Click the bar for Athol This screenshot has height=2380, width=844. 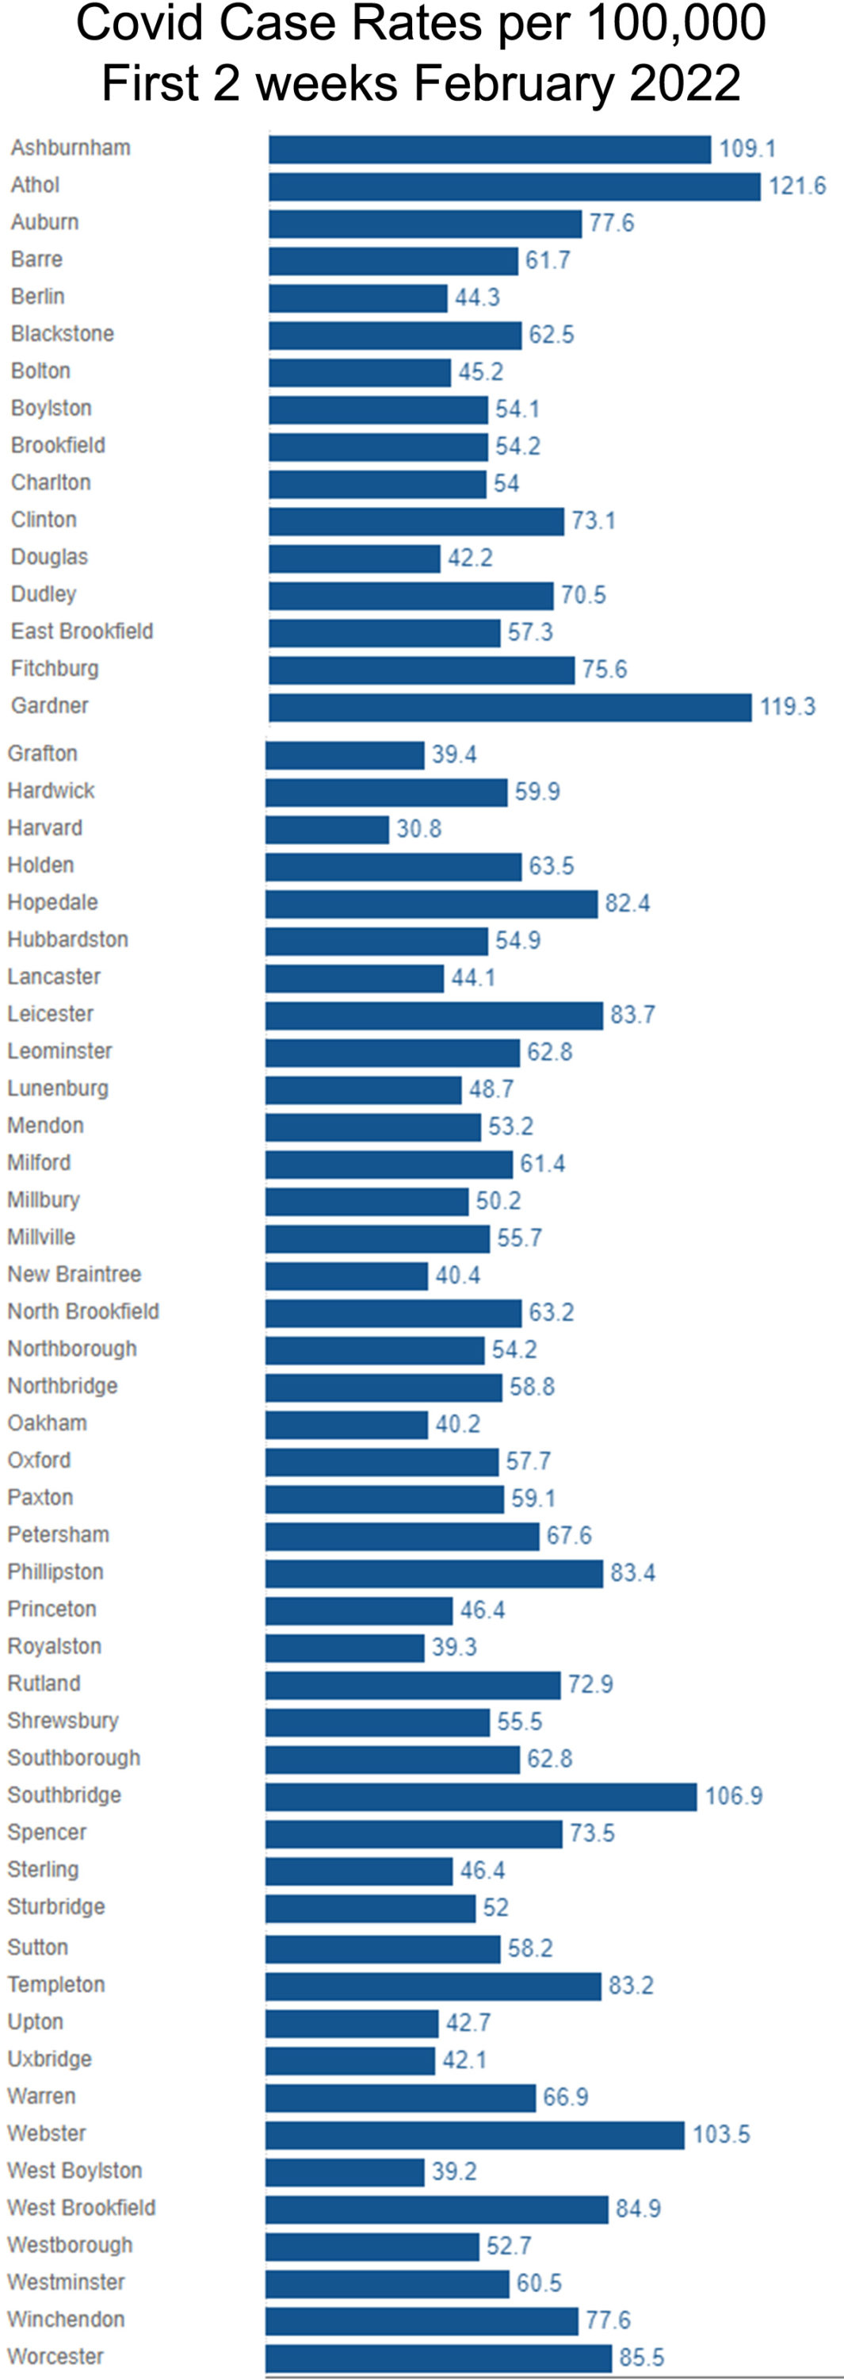[x=514, y=186]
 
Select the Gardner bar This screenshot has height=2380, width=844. [x=510, y=708]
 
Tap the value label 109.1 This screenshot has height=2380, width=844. [x=747, y=149]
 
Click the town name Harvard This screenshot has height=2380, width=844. [x=45, y=827]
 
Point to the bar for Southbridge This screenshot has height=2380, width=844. [x=481, y=1796]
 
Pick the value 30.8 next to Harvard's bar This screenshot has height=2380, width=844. [x=419, y=829]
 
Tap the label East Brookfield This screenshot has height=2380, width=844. [x=82, y=631]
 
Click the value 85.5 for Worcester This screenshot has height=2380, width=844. [x=642, y=2357]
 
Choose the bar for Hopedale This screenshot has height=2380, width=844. [x=431, y=904]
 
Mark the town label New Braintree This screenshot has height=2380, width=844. [x=74, y=1274]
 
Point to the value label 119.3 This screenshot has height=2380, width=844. [x=788, y=707]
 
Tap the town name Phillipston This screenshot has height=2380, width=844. [x=55, y=1572]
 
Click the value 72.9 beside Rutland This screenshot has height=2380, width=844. [x=590, y=1684]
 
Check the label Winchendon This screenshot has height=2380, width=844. [x=67, y=2319]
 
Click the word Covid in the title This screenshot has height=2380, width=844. [x=135, y=24]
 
